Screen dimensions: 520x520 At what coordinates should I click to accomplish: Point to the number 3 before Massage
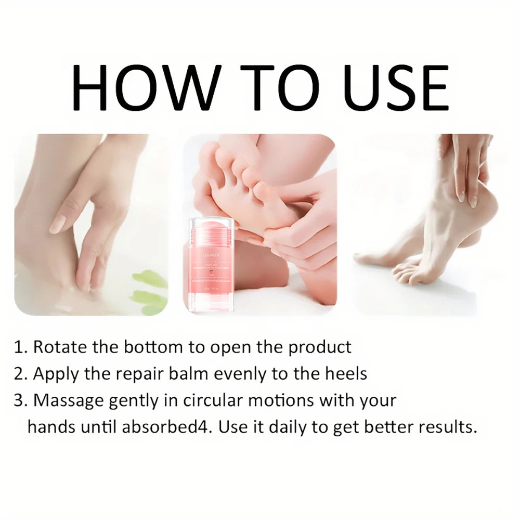click(x=20, y=401)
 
